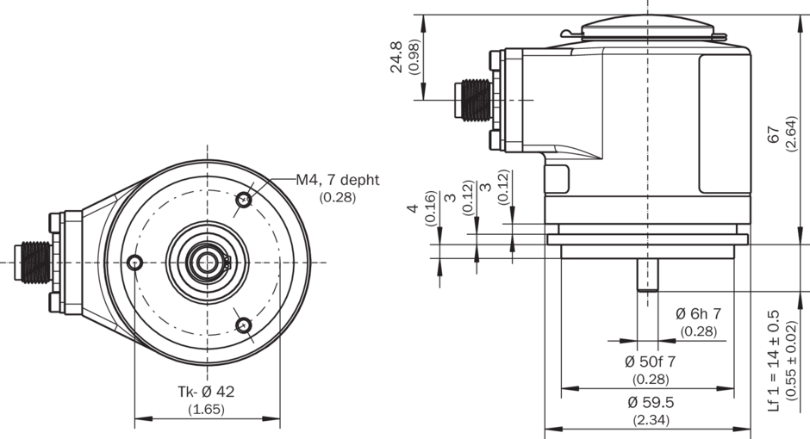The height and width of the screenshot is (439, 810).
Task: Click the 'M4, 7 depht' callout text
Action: click(338, 180)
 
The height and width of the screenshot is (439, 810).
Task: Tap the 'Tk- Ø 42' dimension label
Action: click(206, 392)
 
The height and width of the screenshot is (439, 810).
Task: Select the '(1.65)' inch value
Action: click(206, 410)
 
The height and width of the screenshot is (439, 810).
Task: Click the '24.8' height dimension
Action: click(397, 58)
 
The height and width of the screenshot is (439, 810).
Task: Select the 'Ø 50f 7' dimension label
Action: click(651, 361)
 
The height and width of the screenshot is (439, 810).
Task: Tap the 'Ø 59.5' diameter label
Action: click(651, 402)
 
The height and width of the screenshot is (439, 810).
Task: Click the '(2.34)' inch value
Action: click(651, 420)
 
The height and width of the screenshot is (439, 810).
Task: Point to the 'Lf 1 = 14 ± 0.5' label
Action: click(773, 360)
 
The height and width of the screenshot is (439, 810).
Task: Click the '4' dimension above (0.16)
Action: click(414, 208)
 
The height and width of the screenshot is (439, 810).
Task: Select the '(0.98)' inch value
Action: click(414, 58)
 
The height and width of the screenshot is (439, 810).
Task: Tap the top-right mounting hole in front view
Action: click(244, 201)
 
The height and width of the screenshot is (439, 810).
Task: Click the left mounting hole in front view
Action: click(134, 262)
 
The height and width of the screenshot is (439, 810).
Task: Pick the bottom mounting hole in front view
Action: click(244, 325)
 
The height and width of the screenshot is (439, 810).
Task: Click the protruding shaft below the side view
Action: click(647, 275)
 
